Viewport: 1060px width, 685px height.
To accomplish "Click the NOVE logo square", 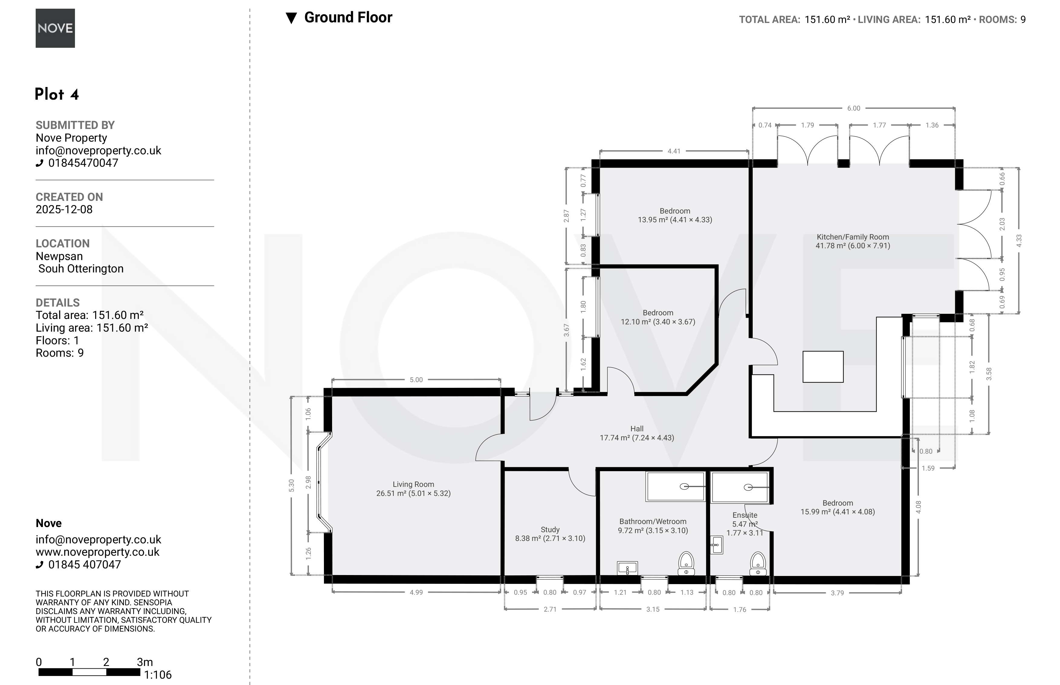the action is click(55, 28).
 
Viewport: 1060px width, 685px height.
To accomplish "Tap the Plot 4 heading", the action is click(57, 94).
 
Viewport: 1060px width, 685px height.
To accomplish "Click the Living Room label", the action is click(413, 484).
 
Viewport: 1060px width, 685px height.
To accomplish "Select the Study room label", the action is click(550, 529).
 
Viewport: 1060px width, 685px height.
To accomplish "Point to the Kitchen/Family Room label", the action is click(853, 237).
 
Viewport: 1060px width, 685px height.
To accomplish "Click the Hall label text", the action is click(637, 429).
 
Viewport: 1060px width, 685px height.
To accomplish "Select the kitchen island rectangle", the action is click(823, 367).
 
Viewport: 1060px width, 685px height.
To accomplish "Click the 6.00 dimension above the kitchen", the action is click(854, 108).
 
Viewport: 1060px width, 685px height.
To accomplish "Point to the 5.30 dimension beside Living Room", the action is click(292, 485).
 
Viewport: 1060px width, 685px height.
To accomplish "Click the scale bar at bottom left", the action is click(89, 672).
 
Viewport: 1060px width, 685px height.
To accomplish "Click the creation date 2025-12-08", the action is click(64, 210).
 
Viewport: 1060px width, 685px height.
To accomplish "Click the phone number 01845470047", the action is click(83, 163).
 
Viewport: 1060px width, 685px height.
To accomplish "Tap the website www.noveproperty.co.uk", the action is click(98, 552).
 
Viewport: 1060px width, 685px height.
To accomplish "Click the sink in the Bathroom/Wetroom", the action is click(628, 568).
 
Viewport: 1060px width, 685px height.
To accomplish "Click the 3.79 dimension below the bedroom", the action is click(837, 593).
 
